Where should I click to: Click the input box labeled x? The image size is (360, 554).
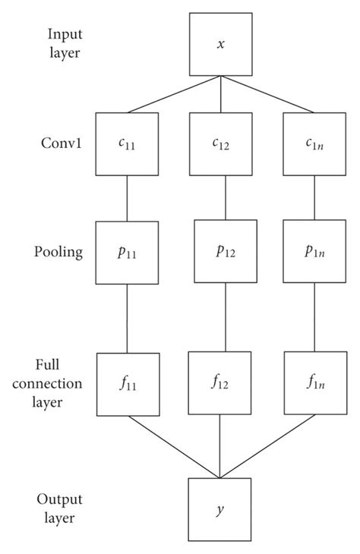220,45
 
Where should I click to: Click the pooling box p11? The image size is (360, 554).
127,252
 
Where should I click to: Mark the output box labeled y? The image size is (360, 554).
220,508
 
